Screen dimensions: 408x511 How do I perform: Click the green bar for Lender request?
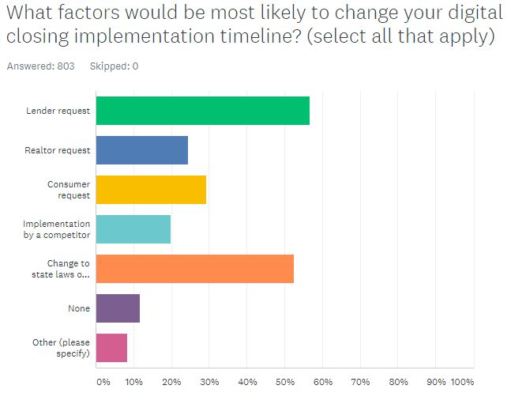click(202, 111)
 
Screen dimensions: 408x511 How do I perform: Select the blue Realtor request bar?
click(142, 150)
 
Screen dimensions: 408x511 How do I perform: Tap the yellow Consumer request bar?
click(151, 190)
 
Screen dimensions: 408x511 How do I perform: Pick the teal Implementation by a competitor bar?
click(133, 229)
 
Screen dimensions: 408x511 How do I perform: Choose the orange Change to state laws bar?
click(195, 269)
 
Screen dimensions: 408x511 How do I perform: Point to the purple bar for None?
click(118, 308)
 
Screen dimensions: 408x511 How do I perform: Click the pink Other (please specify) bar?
click(111, 348)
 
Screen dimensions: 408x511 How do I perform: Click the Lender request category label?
click(58, 111)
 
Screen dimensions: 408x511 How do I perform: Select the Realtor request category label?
click(57, 150)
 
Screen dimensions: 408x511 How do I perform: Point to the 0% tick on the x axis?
click(103, 383)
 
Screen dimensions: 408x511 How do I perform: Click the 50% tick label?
click(284, 383)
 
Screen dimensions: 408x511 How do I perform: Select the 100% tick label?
click(461, 383)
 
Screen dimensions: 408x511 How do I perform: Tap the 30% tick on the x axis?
click(209, 383)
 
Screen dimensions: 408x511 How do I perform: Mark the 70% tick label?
click(360, 383)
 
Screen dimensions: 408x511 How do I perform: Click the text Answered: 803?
click(40, 66)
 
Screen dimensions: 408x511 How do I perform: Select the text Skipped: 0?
click(113, 66)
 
